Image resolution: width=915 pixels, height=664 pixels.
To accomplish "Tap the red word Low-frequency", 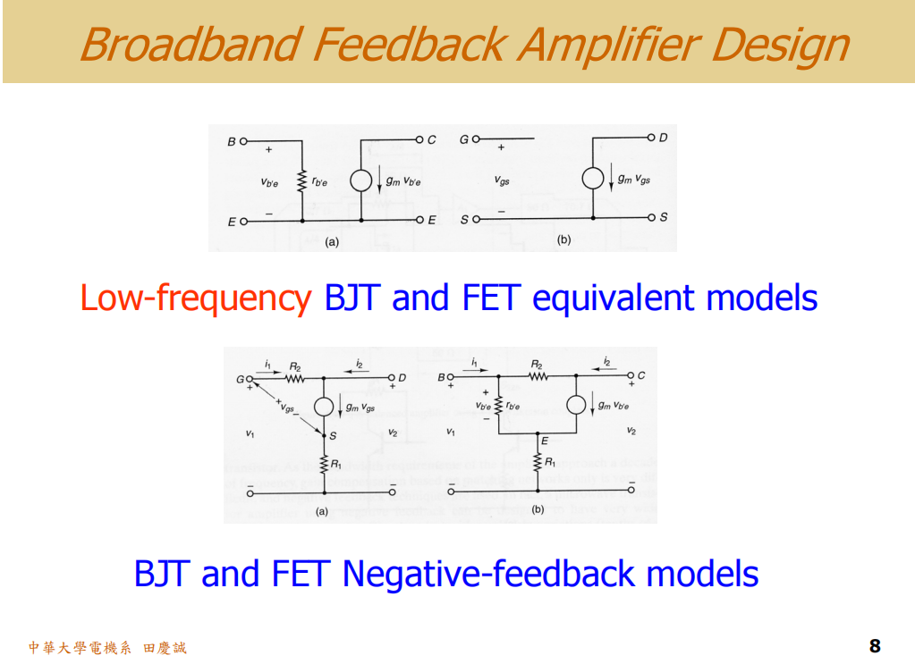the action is pyautogui.click(x=195, y=298).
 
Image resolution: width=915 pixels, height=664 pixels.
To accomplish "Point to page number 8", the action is pyautogui.click(x=874, y=646).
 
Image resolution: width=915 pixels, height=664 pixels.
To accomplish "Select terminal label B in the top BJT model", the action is pyautogui.click(x=231, y=141).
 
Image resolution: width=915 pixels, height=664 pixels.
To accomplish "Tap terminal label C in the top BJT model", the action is pyautogui.click(x=432, y=139).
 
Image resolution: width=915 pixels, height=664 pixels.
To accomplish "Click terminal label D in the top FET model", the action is pyautogui.click(x=663, y=138).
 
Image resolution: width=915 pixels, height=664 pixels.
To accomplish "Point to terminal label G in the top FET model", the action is pyautogui.click(x=463, y=140).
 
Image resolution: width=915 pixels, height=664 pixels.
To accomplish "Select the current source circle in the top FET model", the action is pyautogui.click(x=592, y=179).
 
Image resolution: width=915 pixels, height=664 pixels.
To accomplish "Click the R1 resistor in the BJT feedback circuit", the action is pyautogui.click(x=538, y=462).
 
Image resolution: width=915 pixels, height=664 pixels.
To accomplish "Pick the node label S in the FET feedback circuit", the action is pyautogui.click(x=332, y=436).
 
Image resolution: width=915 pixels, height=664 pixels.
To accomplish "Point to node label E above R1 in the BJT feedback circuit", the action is pyautogui.click(x=544, y=440).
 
